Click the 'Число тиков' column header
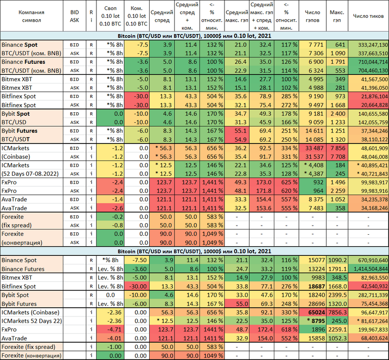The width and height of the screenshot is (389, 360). click(x=368, y=16)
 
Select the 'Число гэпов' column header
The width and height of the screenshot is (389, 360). click(x=312, y=16)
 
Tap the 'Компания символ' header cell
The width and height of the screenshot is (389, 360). click(x=32, y=16)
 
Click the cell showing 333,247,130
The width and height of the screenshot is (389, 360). click(x=368, y=45)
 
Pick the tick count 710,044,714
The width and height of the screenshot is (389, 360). click(x=368, y=62)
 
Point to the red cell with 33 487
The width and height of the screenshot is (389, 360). click(x=312, y=148)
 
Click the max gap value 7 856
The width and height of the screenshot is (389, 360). click(x=337, y=148)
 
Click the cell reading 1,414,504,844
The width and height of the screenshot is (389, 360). click(x=368, y=269)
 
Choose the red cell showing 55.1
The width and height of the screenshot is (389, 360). click(x=236, y=131)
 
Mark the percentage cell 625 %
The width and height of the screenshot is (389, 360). click(x=286, y=182)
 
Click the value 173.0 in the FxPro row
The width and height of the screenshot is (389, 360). click(x=262, y=182)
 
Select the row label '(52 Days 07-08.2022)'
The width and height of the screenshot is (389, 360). click(x=30, y=174)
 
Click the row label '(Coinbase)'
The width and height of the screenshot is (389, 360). click(x=16, y=156)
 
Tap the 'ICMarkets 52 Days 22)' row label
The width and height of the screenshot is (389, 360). click(x=32, y=321)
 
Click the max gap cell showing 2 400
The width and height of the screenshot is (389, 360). click(x=337, y=113)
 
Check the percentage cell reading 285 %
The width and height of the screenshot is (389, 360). click(x=286, y=96)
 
